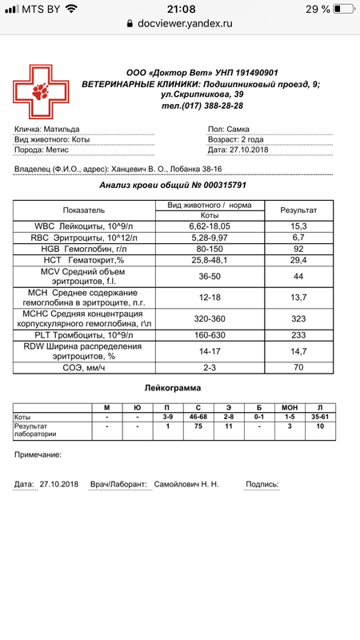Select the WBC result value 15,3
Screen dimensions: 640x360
tap(298, 226)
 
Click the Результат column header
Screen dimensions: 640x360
tap(298, 210)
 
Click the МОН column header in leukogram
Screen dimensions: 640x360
tap(291, 408)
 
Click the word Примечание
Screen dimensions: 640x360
tap(38, 454)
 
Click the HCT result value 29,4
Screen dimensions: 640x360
tap(298, 260)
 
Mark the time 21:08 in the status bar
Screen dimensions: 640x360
tap(180, 9)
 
